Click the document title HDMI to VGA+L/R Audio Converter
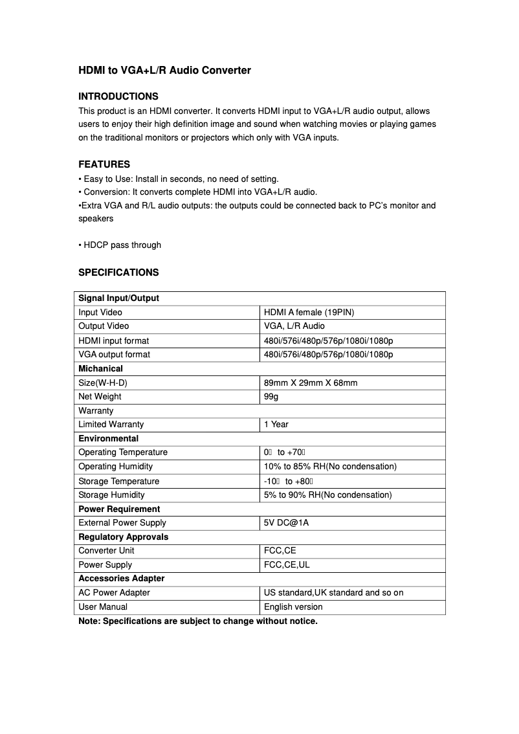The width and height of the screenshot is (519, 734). point(164,70)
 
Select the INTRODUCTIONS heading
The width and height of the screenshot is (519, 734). point(118,96)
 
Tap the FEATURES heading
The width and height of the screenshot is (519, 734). point(104,164)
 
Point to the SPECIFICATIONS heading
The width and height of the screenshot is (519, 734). point(118,272)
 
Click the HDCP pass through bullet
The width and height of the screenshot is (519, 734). point(120,245)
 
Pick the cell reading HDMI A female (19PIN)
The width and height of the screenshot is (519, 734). point(309,312)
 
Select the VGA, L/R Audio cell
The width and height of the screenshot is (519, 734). point(294,326)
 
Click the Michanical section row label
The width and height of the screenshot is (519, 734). point(100,368)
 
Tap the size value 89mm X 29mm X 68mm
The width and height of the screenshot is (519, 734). point(311,383)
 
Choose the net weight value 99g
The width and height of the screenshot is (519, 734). point(271,396)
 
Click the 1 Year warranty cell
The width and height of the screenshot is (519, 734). point(276,425)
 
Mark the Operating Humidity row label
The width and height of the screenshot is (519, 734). point(116,466)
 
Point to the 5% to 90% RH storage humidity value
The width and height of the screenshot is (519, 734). point(328,495)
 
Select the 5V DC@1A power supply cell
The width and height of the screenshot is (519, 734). point(287,523)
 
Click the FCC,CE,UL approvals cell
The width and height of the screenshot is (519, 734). point(287,564)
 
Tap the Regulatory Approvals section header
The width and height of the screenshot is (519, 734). point(123,537)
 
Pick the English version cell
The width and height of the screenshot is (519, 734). point(293,606)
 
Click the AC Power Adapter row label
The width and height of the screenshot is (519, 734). point(114,592)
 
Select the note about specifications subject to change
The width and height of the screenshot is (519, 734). point(198,621)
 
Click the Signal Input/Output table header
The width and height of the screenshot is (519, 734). point(118,298)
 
